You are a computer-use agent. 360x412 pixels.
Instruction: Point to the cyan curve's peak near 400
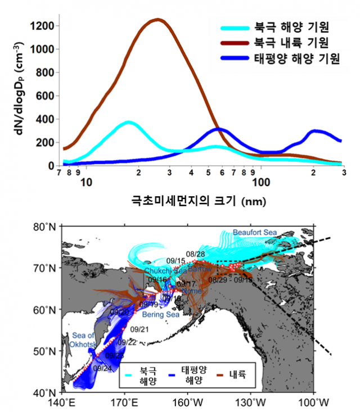tap(128, 122)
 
